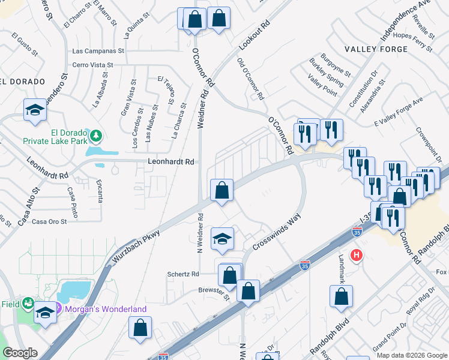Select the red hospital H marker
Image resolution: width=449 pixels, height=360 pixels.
357,256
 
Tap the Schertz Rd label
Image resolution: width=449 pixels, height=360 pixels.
183,274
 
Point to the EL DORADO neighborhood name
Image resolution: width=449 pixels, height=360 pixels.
23,81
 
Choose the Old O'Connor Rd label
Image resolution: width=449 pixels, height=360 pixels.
250,79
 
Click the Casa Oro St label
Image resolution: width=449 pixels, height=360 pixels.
49,221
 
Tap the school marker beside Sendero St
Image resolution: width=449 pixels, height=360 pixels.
35,110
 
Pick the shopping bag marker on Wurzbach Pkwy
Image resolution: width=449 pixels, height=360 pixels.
222,190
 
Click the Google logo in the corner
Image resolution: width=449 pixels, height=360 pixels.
20,353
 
